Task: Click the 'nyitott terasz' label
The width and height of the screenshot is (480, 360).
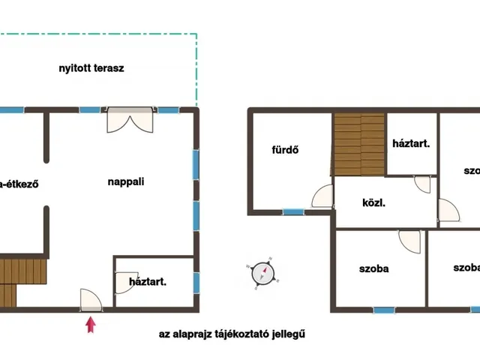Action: (91, 68)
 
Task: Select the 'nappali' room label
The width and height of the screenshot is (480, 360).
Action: (126, 181)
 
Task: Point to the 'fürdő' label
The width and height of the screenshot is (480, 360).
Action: (286, 148)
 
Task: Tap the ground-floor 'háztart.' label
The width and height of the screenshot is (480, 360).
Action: (147, 282)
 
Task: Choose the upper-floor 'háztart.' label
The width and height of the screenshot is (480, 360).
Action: (411, 144)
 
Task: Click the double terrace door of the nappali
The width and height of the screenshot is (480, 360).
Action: (130, 119)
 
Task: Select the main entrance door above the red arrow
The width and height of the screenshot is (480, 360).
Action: (91, 300)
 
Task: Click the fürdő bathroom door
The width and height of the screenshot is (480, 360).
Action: (322, 197)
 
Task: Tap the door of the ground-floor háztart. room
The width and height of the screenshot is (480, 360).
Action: (124, 281)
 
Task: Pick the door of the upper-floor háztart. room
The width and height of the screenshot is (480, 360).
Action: (423, 184)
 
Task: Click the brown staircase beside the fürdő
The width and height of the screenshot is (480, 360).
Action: (358, 143)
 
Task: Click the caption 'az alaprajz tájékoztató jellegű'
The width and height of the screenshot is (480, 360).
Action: (232, 334)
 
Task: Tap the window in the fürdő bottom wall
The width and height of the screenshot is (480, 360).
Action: (293, 212)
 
